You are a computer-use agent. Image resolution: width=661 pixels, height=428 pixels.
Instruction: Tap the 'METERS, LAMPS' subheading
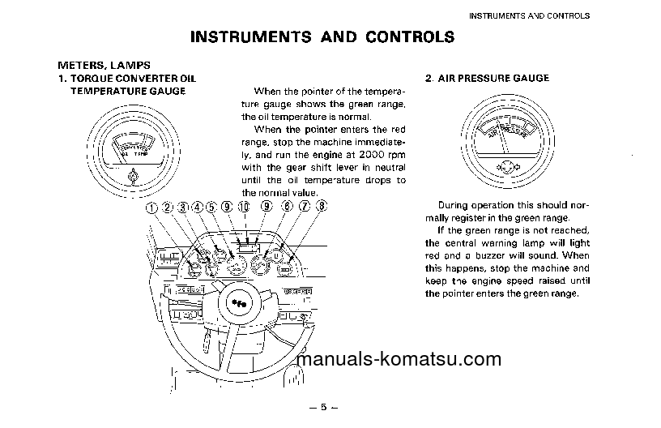click(104, 65)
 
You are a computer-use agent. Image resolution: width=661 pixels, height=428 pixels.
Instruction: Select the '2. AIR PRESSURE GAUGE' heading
click(487, 79)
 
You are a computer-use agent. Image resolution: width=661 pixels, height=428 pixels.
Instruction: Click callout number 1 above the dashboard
click(151, 207)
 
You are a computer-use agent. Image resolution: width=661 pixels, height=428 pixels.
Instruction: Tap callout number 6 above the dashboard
click(286, 207)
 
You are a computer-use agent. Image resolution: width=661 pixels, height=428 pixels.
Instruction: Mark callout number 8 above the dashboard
click(322, 207)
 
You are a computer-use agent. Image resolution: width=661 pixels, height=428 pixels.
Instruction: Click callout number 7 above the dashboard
click(304, 207)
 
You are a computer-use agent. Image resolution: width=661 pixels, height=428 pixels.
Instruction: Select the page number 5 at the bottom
click(322, 408)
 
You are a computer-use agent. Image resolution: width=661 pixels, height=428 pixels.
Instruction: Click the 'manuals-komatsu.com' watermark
click(399, 360)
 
